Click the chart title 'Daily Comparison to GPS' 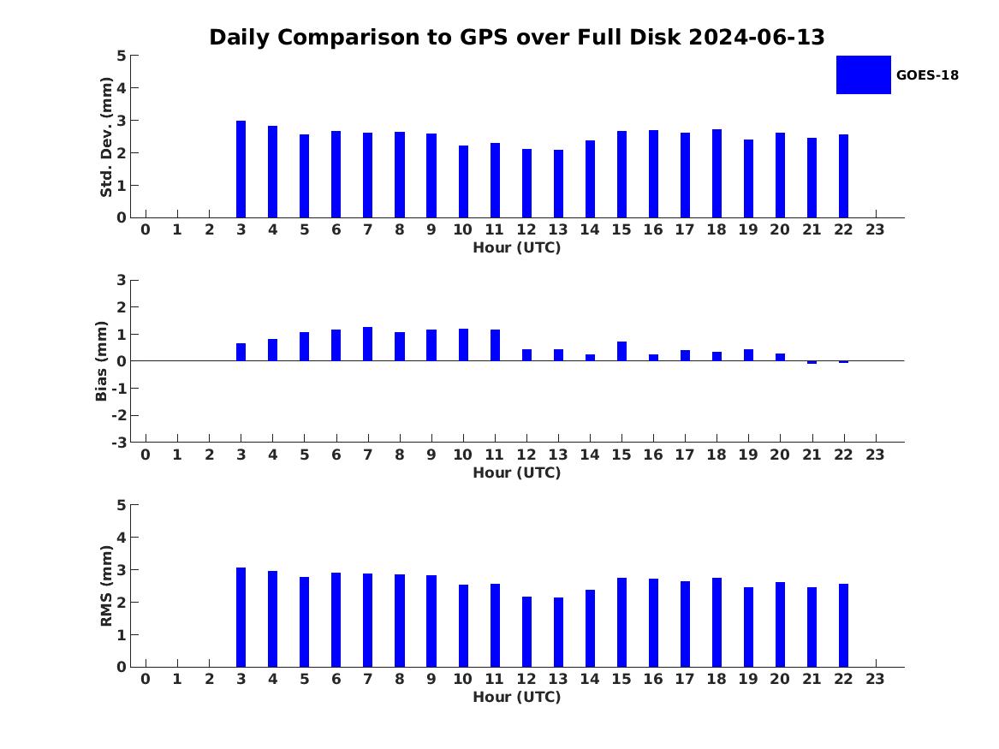[359, 37]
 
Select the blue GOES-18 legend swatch [863, 75]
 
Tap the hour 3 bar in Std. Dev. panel [241, 169]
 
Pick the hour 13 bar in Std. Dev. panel [558, 184]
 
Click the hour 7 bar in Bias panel [367, 344]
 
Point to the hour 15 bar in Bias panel [621, 352]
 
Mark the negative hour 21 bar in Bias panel [812, 362]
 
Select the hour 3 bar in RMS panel [241, 617]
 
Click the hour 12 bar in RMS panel [526, 632]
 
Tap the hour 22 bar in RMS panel [843, 626]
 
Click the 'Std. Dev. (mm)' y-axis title [106, 137]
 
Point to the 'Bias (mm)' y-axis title [101, 361]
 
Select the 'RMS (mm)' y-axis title [106, 586]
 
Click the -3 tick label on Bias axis [119, 443]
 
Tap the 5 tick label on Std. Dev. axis [122, 56]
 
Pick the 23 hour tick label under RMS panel [875, 679]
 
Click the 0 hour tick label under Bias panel [146, 455]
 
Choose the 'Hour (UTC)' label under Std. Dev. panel [517, 247]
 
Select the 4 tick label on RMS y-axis [122, 538]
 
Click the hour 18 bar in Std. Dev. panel [717, 174]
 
